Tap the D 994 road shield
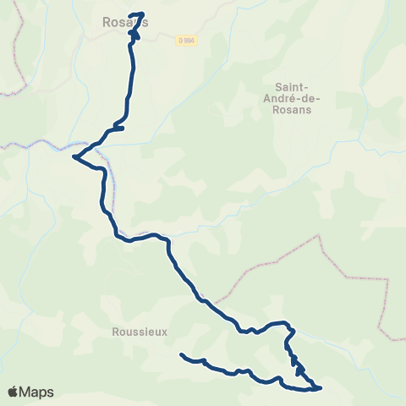pos(187,40)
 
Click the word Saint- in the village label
pos(293,86)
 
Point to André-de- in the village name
pos(293,98)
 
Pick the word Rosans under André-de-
pos(293,110)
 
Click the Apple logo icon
pos(13,392)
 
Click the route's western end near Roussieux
pos(182,354)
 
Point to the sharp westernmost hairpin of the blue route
pos(74,156)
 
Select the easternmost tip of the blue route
pos(321,387)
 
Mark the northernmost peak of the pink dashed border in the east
pos(320,235)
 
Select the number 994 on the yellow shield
pos(189,40)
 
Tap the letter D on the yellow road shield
pos(181,40)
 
